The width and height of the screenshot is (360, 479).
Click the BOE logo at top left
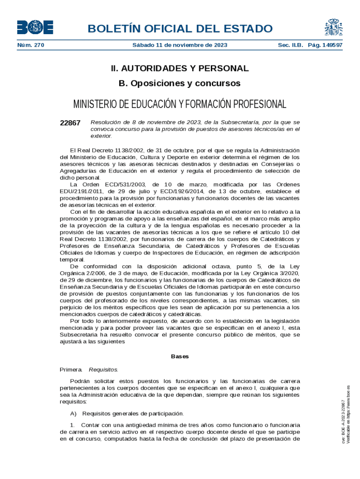35,28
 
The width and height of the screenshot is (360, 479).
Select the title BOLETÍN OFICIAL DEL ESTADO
180,29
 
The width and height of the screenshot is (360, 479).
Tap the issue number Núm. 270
30,45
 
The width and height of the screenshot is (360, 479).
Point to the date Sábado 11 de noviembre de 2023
180,45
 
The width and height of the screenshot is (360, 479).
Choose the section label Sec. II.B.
291,45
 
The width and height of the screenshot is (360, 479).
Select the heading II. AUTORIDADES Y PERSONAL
180,68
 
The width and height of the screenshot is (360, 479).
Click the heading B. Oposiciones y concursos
180,83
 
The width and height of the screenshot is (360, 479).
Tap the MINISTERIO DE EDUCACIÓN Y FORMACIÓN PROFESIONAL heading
180,104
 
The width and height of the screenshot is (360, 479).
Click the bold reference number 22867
70,123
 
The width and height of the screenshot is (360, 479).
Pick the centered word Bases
180,356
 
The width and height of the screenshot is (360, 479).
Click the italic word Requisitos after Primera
103,370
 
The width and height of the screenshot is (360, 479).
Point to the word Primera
71,370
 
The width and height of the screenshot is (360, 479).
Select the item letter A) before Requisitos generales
73,414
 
